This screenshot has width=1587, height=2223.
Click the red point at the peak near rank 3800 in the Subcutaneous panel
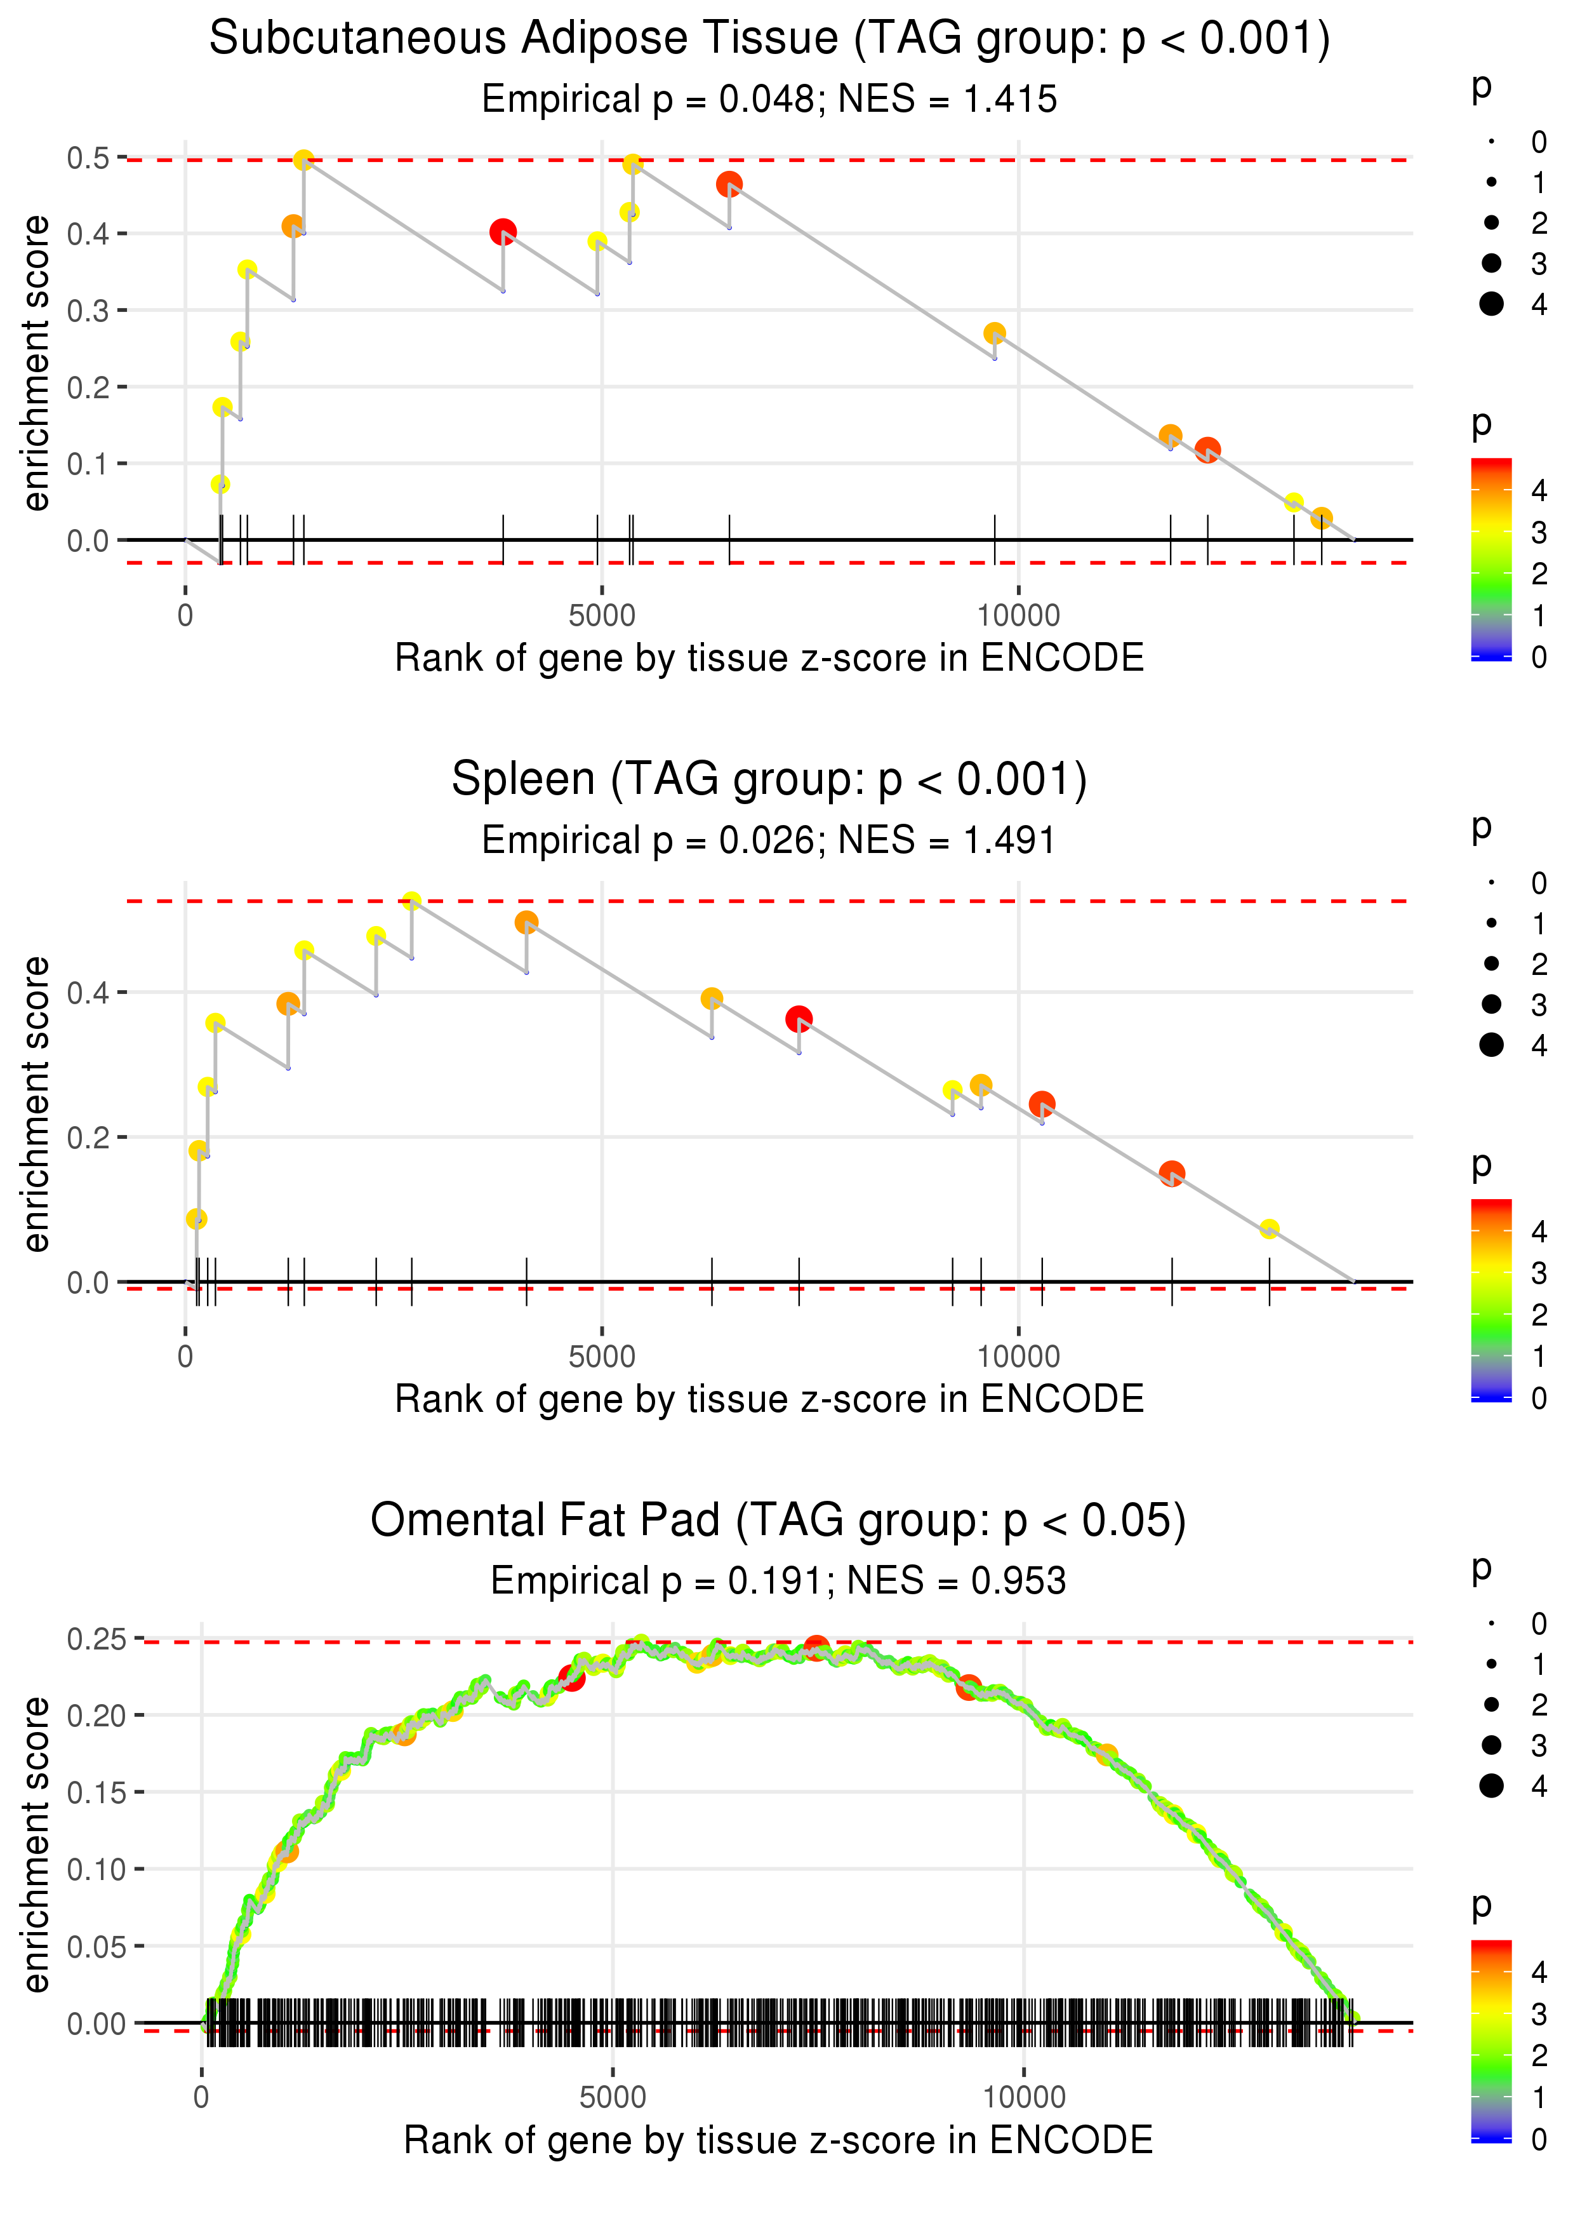pos(503,232)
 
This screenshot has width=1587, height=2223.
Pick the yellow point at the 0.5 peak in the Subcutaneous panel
pos(304,160)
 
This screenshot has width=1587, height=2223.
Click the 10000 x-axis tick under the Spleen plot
pos(1018,1357)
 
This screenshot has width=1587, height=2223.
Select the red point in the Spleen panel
pos(799,1019)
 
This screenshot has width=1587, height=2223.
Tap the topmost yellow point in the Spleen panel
pos(411,901)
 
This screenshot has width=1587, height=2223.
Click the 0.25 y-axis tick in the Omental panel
pos(96,1639)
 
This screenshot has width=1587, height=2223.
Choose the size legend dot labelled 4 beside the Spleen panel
pos(1491,1045)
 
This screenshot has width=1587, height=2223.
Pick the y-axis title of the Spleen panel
pos(36,1104)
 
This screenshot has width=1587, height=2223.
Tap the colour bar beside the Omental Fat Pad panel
pos(1491,2039)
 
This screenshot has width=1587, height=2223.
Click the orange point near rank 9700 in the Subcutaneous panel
pos(995,333)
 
